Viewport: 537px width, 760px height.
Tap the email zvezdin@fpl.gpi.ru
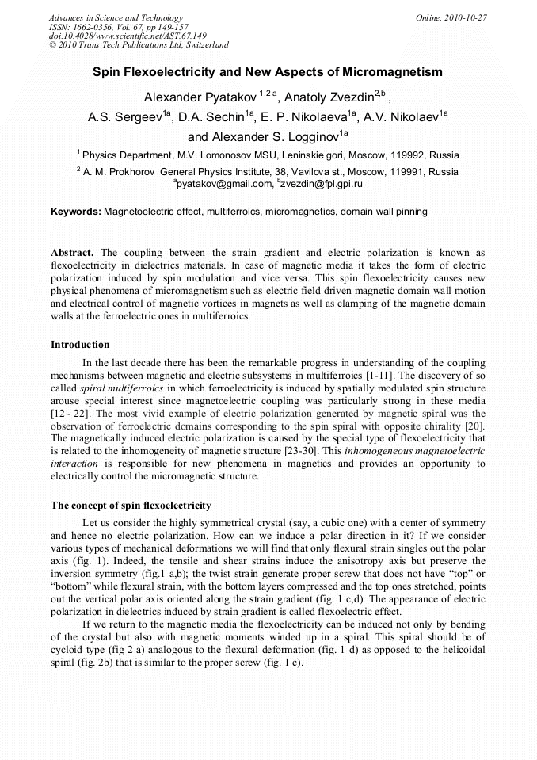click(322, 184)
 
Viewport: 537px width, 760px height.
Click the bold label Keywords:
click(76, 212)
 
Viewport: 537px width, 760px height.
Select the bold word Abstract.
click(73, 254)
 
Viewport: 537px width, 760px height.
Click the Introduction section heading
click(80, 345)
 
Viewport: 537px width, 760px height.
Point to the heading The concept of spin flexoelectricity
click(131, 505)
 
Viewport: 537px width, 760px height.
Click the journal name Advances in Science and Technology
click(116, 17)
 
